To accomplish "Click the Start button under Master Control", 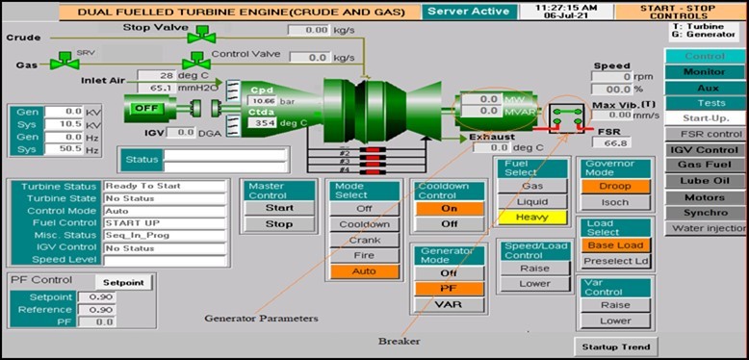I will (278, 207).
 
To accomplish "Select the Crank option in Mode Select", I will (364, 240).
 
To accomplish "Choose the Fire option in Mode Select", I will (364, 256).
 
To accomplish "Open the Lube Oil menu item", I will (705, 181).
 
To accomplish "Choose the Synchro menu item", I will (705, 213).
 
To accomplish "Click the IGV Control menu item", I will (705, 150).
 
